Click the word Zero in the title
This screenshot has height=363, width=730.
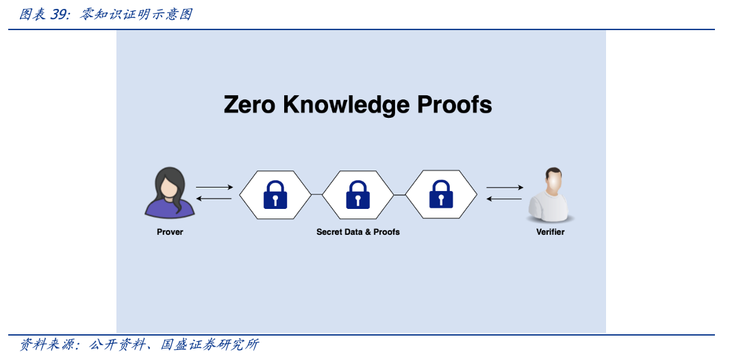pos(249,105)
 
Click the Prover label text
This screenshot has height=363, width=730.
pos(170,232)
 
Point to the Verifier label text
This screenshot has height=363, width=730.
pos(550,232)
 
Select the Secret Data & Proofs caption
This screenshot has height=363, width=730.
pos(357,232)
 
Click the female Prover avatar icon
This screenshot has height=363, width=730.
pos(169,195)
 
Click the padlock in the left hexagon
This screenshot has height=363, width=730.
pos(275,195)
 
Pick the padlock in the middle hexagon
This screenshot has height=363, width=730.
pos(357,195)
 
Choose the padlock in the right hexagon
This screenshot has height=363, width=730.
pos(440,195)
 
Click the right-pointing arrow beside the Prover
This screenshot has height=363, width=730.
pos(214,187)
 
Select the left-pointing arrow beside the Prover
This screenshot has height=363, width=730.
pos(214,199)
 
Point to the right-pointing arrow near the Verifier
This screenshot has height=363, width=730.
pos(505,187)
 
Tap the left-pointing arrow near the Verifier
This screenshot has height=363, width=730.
pos(505,199)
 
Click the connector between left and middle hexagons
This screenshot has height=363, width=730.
pos(316,195)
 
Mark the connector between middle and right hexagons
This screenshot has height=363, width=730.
pos(399,195)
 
